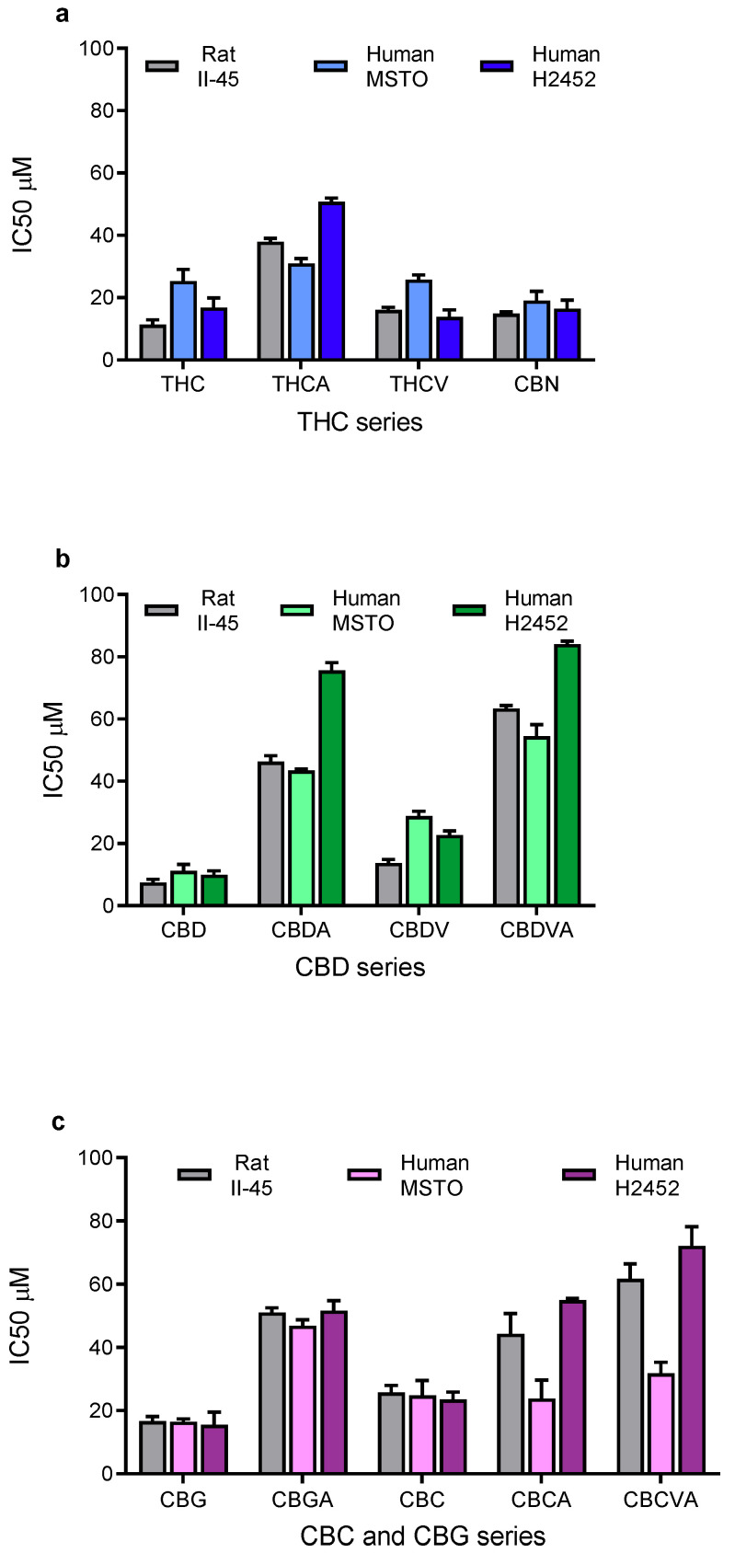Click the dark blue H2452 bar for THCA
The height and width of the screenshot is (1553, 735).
(x=331, y=282)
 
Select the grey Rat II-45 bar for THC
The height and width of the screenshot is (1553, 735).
(x=153, y=342)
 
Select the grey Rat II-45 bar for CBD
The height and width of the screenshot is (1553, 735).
(x=153, y=893)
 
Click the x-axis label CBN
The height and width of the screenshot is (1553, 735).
(x=536, y=385)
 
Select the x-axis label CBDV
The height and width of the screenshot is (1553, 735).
(x=419, y=930)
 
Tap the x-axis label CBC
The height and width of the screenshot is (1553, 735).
(x=422, y=1500)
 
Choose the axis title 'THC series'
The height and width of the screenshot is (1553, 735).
(x=360, y=422)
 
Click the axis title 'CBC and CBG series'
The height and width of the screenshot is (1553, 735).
(x=422, y=1536)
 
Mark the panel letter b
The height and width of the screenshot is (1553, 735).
(x=63, y=558)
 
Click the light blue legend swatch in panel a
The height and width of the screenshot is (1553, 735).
(x=331, y=66)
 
